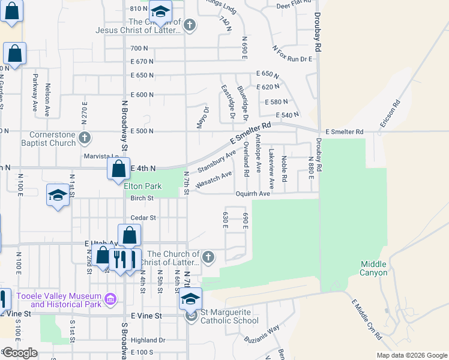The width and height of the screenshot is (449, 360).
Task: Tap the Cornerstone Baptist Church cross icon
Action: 85,138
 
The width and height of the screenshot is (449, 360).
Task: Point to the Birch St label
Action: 142,198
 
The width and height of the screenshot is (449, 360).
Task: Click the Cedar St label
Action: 144,218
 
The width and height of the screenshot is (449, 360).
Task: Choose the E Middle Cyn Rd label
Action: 366,320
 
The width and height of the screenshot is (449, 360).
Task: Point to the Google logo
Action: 20,353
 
